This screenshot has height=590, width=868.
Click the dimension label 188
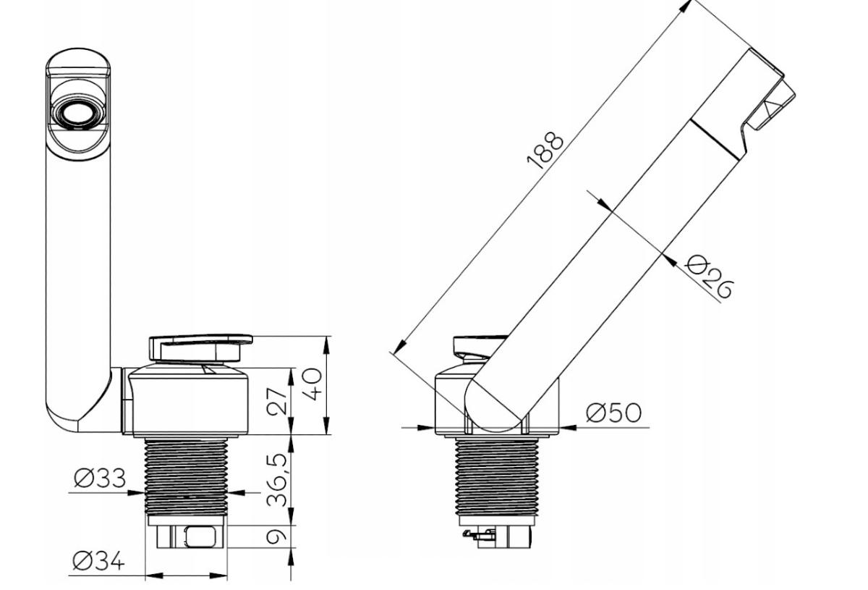pos(545,151)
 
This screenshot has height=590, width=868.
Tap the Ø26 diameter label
pos(709,277)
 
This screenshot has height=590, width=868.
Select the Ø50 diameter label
pos(614,413)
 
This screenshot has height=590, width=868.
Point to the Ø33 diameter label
pos(100,478)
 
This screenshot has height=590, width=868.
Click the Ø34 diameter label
pos(99,560)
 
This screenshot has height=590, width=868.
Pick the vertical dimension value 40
pos(312,384)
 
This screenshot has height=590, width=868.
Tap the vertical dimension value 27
pos(277,401)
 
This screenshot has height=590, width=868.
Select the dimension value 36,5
pos(277,480)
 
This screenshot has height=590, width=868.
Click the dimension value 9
pos(276,536)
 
